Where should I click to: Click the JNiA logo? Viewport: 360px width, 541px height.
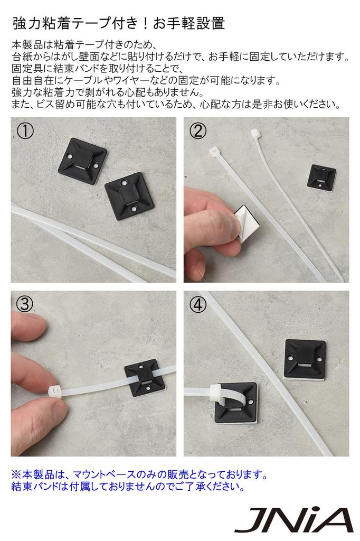coord(294,520)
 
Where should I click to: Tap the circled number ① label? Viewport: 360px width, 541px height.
coord(25,131)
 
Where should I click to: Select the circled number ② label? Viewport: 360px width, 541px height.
coord(198,131)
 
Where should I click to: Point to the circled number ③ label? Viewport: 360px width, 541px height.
coord(25,304)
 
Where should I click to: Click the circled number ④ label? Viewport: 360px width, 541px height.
coord(198,305)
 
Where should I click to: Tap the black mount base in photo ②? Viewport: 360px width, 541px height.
coord(321,177)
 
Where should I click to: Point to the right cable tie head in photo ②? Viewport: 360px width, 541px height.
coord(255,133)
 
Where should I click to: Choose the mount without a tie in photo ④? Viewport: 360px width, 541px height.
coord(305,359)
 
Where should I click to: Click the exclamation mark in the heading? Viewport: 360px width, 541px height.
coord(146,23)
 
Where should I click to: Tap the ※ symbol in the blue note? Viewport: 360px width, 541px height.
coord(16,475)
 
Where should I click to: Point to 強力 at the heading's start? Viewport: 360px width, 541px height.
coord(27,23)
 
